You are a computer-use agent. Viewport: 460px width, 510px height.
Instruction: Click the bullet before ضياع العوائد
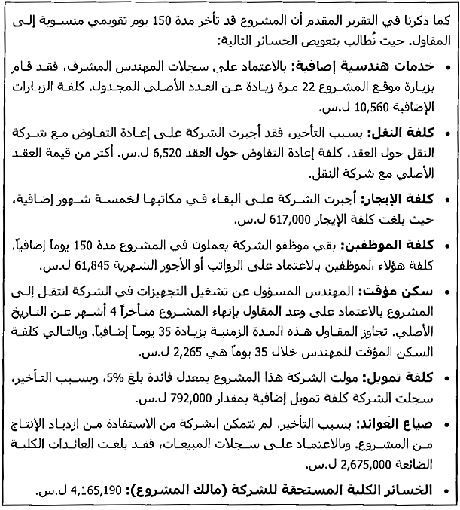pos(446,423)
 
